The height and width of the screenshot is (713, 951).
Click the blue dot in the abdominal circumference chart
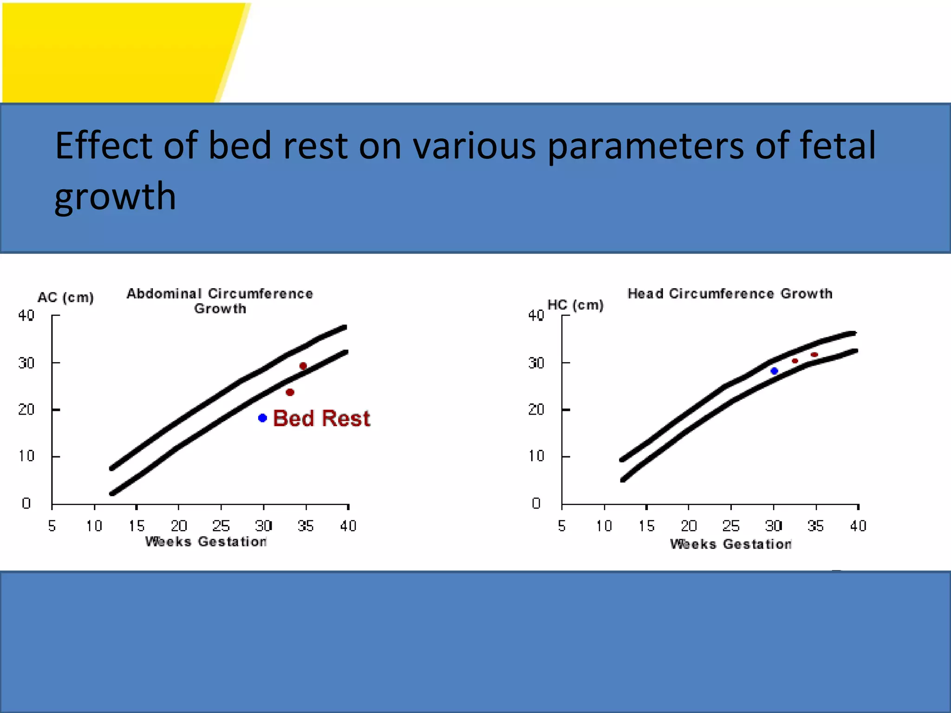point(262,418)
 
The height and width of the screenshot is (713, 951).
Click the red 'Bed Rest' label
point(321,418)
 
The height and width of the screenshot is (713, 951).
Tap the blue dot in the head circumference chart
point(774,370)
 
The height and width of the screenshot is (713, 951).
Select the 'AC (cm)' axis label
point(65,298)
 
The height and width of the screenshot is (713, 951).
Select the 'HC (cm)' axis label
point(575,305)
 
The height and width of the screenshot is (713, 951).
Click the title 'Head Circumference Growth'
point(730,293)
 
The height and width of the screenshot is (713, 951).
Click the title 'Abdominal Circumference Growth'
point(220,300)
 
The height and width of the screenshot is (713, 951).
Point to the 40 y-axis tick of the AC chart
point(26,316)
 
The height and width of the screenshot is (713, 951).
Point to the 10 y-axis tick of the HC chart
point(536,456)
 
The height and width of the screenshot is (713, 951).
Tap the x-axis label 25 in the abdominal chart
point(221,526)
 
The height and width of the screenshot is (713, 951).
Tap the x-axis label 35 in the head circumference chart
point(815,526)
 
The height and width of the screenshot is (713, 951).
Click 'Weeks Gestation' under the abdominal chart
point(206,542)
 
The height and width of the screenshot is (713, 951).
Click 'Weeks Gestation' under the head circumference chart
point(730,544)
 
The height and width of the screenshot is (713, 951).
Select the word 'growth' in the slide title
point(115,197)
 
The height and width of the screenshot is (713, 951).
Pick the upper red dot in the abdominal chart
point(303,366)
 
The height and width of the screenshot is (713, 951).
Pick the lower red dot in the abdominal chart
point(290,392)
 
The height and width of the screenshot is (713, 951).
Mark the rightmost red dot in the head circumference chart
point(814,355)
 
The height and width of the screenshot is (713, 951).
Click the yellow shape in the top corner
point(116,51)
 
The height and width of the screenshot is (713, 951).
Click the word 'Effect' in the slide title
point(103,145)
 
